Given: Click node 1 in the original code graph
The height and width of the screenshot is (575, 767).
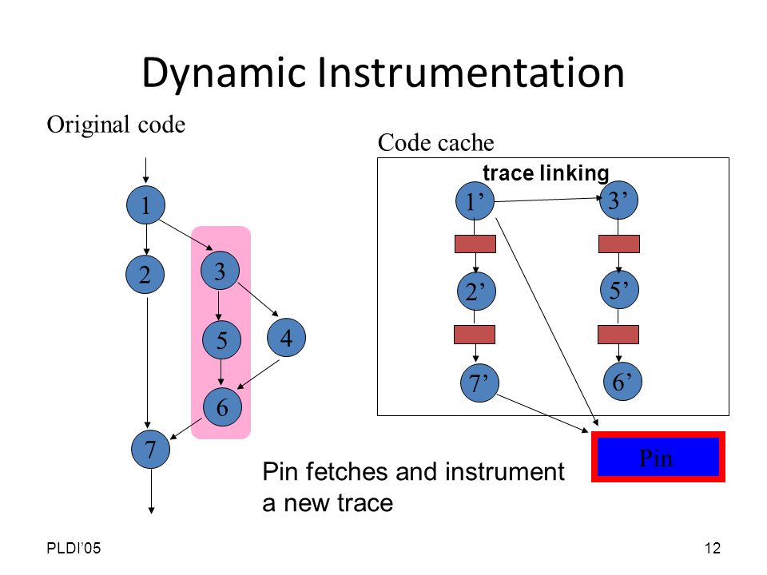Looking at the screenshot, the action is pyautogui.click(x=145, y=205).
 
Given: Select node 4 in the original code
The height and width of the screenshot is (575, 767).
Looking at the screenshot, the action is pyautogui.click(x=287, y=337).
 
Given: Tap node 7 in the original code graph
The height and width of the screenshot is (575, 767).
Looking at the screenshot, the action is pyautogui.click(x=151, y=449).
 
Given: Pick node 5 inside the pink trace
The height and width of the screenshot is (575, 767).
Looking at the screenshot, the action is pyautogui.click(x=221, y=340).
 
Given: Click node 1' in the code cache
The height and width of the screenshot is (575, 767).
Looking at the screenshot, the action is pyautogui.click(x=475, y=201).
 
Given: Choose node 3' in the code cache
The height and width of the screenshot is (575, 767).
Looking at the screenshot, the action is pyautogui.click(x=618, y=200).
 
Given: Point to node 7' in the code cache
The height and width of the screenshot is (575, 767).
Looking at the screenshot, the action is pyautogui.click(x=480, y=383).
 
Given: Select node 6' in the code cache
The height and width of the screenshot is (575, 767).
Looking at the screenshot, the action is pyautogui.click(x=622, y=382).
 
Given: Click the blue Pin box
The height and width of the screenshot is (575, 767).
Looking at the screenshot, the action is pyautogui.click(x=658, y=457).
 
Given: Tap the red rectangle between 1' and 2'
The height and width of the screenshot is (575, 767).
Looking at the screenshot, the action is pyautogui.click(x=475, y=244).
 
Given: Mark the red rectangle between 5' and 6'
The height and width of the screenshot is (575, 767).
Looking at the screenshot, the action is pyautogui.click(x=618, y=335).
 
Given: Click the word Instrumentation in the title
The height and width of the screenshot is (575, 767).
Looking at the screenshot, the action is pyautogui.click(x=471, y=73).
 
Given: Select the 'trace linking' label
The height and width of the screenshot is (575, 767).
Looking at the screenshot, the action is pyautogui.click(x=546, y=173).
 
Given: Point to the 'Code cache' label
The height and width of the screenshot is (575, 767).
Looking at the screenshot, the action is pyautogui.click(x=436, y=143).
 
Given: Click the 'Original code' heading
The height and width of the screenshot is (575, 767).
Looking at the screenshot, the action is pyautogui.click(x=116, y=125).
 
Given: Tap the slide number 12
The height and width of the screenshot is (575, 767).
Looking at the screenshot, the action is pyautogui.click(x=713, y=548).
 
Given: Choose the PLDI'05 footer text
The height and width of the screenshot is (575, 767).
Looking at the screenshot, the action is pyautogui.click(x=74, y=548).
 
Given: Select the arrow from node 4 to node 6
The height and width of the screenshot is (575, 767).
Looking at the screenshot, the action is pyautogui.click(x=258, y=375).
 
